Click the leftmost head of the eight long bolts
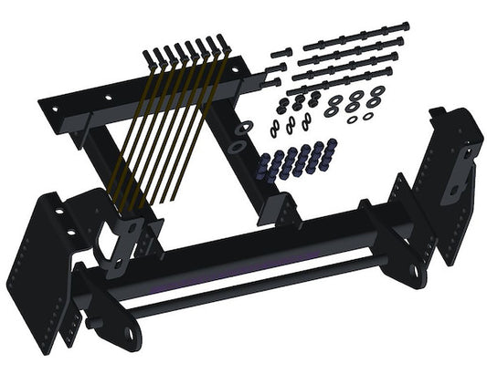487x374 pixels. [x=146, y=57]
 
